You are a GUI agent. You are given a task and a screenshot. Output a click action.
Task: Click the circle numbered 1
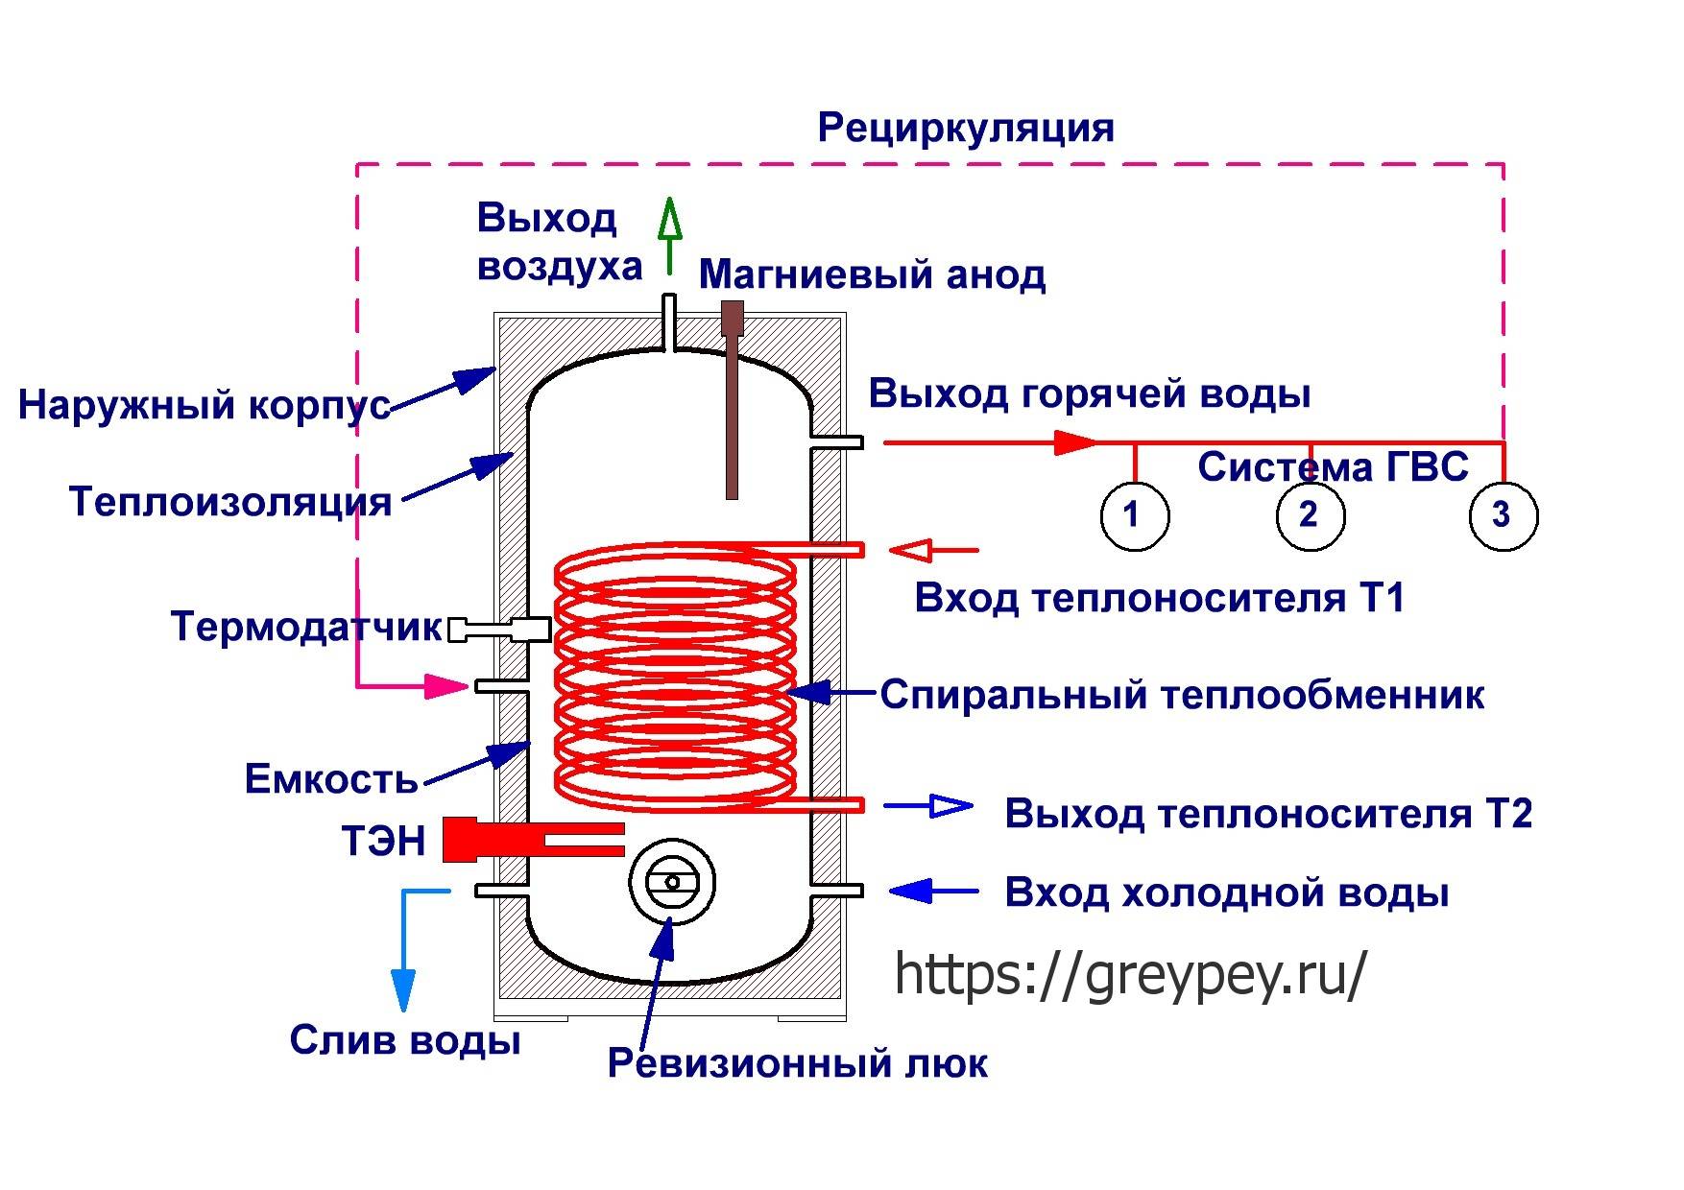pos(1134,515)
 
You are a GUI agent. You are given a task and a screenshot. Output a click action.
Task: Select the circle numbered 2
pos(1310,515)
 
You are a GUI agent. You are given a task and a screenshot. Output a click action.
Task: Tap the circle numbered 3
pos(1503,515)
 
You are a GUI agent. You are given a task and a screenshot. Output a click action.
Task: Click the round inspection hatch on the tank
pos(671,882)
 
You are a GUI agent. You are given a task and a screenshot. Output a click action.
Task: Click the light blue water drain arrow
pos(404,979)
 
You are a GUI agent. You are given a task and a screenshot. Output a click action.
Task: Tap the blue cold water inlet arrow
pos(931,892)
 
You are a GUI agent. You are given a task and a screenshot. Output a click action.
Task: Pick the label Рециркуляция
pos(965,128)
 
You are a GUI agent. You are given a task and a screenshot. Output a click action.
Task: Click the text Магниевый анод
pos(872,275)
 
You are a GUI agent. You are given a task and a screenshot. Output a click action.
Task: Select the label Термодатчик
pos(305,627)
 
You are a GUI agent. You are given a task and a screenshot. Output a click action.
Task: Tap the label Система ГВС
pos(1333,467)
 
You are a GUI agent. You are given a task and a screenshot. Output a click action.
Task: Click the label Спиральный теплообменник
pos(1181,694)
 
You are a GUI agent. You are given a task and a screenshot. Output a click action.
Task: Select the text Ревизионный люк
pos(797,1063)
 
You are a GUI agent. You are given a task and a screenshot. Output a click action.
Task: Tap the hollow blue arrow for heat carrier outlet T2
pos(929,806)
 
